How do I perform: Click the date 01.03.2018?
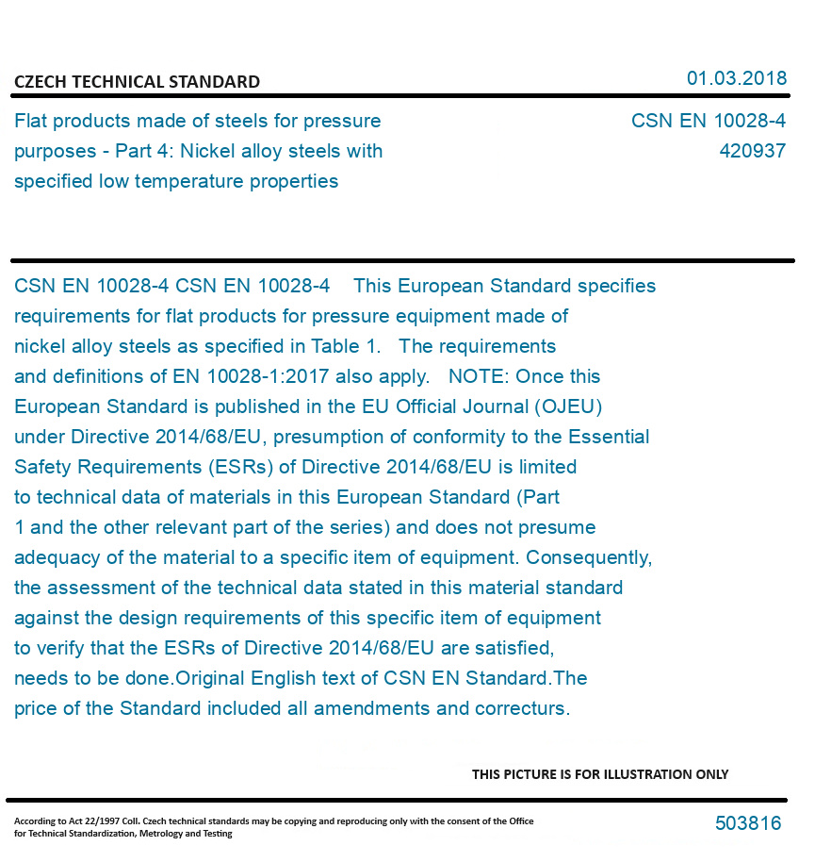coord(736,78)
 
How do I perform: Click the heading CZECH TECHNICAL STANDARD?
coord(137,82)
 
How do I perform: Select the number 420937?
coord(752,151)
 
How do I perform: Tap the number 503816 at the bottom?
coord(748,823)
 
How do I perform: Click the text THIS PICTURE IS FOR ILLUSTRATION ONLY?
coord(600,774)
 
